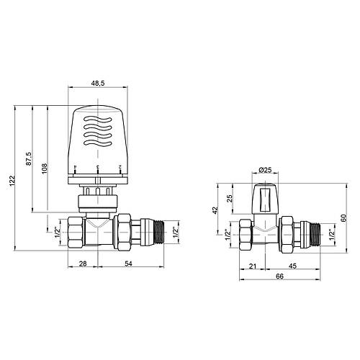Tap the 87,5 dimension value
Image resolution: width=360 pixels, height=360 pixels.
[28, 158]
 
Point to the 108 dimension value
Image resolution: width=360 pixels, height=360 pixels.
[45, 168]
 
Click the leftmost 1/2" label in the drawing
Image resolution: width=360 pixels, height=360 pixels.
[57, 232]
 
